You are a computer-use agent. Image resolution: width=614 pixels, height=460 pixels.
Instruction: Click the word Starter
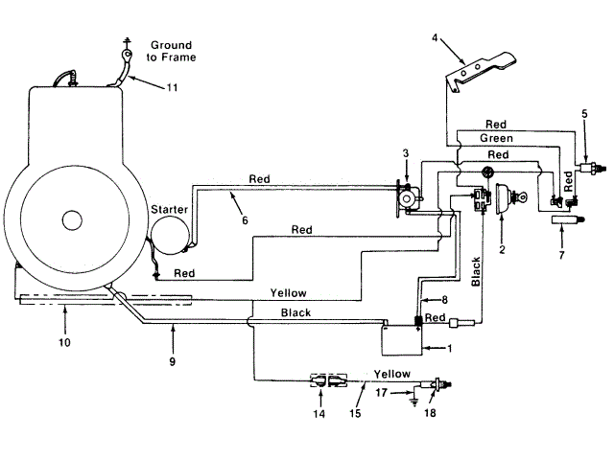pos(169,210)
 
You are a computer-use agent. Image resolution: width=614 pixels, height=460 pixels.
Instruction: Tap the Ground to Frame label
pos(171,51)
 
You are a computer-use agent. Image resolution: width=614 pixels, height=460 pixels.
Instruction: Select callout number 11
pos(173,87)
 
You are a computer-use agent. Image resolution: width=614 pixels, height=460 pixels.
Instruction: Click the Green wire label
pos(496,138)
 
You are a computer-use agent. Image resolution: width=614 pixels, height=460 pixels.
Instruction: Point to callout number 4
pos(435,37)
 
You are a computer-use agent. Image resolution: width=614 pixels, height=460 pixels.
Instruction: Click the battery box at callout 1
pos(402,340)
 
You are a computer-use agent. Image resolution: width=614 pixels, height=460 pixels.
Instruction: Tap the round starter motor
pos(171,236)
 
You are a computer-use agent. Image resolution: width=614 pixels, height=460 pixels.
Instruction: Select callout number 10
pos(64,342)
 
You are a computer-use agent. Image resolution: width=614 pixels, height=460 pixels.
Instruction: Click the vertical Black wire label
pos(476,271)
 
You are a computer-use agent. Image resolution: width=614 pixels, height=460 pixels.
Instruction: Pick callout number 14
pos(319,413)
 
